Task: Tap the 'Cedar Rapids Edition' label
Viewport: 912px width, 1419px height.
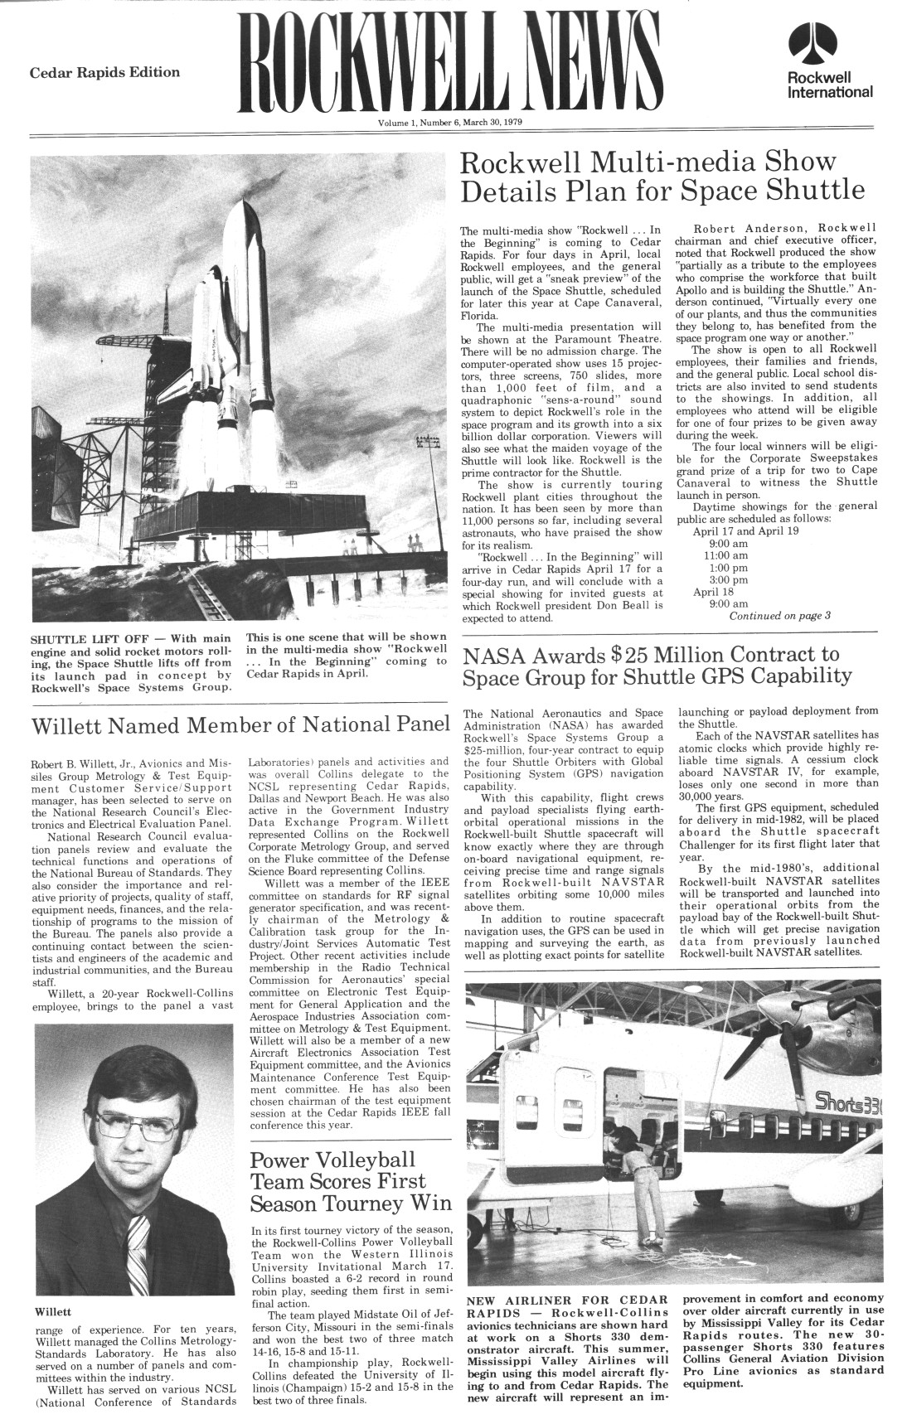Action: pos(104,72)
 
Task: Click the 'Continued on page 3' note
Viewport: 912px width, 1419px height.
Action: pos(779,616)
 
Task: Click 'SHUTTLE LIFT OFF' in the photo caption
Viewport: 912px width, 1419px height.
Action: pos(85,640)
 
